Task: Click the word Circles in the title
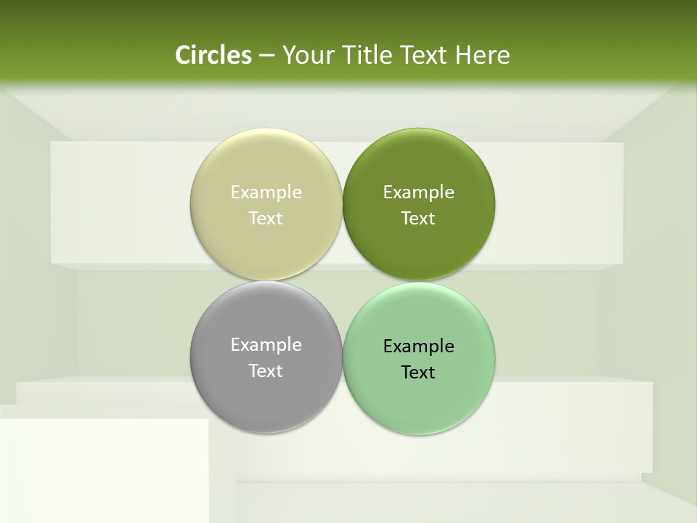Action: pos(213,55)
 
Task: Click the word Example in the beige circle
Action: pos(266,192)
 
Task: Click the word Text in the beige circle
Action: pos(266,219)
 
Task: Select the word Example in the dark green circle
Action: pos(418,192)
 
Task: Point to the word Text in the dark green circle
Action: pos(418,219)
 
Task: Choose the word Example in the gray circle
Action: pos(266,345)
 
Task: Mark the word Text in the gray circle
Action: pos(266,371)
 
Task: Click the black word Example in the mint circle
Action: pos(418,346)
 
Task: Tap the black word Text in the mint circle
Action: pos(418,373)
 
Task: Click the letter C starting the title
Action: pos(183,55)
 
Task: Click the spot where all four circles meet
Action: pos(343,281)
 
